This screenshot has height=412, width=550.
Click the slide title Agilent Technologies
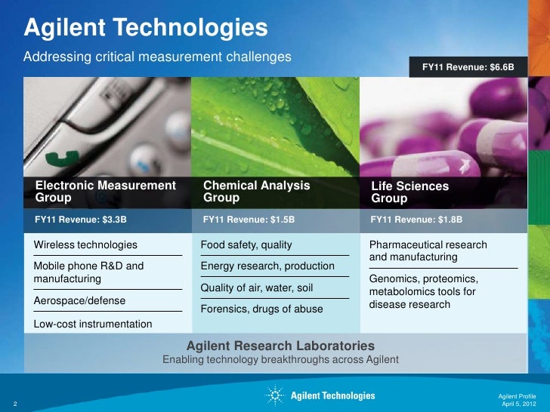tap(146, 28)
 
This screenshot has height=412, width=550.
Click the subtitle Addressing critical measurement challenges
tap(158, 57)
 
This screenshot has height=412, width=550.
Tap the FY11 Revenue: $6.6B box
tap(468, 67)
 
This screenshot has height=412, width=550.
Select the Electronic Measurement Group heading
tap(105, 192)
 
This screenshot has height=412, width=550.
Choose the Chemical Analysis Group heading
tap(256, 192)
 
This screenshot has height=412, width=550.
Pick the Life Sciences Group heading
tap(409, 192)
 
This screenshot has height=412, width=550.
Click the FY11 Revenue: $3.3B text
tap(81, 220)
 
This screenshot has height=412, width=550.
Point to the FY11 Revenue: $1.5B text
tap(249, 220)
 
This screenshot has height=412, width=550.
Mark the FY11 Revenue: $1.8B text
tap(416, 220)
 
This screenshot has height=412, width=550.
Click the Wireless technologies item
tap(86, 245)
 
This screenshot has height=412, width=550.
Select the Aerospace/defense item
tap(80, 300)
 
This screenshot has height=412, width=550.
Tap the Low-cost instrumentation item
tap(93, 324)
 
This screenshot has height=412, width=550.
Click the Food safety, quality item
tap(246, 245)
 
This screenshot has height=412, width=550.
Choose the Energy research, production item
tap(267, 266)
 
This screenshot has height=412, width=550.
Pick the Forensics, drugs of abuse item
tap(261, 309)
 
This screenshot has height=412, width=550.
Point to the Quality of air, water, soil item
tap(256, 287)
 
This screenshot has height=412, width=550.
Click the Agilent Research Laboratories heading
tap(280, 346)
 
